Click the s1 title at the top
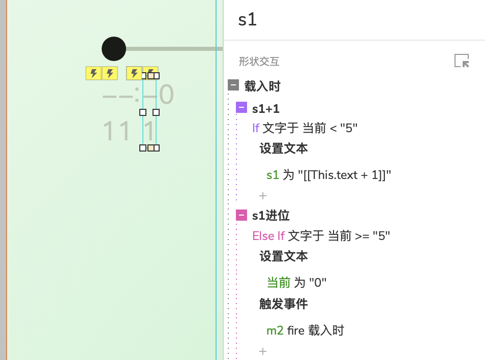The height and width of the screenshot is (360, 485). [248, 20]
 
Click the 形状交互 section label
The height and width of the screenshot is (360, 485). [259, 62]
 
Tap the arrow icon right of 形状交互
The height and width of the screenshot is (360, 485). [462, 61]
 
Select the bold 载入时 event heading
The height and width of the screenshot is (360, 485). [262, 86]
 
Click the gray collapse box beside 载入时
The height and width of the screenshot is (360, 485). [233, 85]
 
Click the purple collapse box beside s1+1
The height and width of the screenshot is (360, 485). [241, 108]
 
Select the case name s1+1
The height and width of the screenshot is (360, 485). [266, 109]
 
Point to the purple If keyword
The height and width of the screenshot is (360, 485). [256, 128]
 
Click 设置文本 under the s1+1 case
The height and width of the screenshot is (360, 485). [284, 148]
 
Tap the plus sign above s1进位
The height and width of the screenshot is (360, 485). [263, 196]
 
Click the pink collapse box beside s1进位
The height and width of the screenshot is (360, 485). [241, 216]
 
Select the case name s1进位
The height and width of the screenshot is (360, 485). [271, 216]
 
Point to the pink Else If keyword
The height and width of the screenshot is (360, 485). [268, 236]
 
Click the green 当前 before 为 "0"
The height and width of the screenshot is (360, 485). [279, 283]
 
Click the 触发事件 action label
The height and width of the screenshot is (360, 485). [284, 304]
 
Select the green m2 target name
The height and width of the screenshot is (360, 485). [275, 331]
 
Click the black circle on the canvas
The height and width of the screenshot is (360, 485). [114, 49]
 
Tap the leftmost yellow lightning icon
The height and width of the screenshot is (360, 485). [94, 74]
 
